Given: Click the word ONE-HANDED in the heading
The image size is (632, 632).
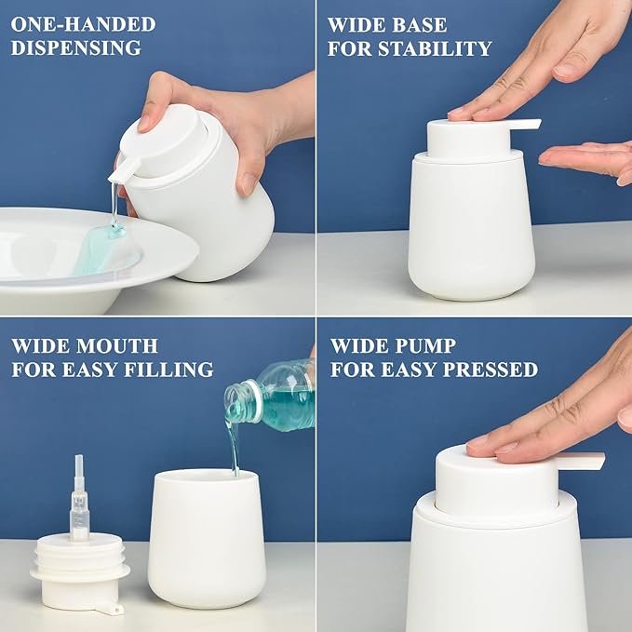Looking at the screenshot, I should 83,24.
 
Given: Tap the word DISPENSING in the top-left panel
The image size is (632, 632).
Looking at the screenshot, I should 76,48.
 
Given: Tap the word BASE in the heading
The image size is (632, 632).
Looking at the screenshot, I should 415,24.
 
